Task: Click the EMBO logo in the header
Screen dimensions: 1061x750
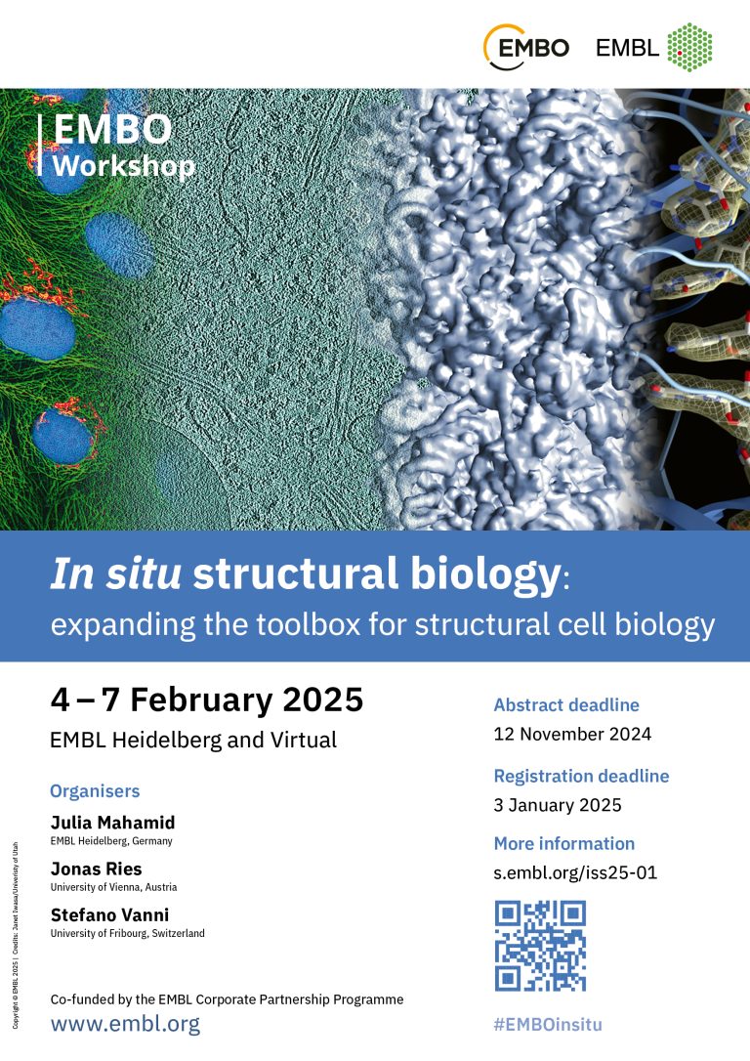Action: [526, 47]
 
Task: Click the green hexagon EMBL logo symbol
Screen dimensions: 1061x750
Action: [689, 47]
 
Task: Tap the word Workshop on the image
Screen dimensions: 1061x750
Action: [123, 165]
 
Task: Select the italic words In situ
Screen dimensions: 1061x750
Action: [115, 576]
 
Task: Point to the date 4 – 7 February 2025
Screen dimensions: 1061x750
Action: [206, 700]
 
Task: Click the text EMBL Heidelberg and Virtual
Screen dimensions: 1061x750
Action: [193, 741]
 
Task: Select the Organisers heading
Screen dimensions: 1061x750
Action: [95, 790]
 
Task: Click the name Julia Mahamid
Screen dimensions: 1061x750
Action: [112, 823]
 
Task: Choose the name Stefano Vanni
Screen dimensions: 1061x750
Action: [109, 914]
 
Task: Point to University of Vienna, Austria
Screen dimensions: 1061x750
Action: [113, 887]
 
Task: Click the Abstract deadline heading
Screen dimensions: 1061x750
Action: [566, 704]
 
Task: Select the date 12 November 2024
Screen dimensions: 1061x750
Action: [572, 734]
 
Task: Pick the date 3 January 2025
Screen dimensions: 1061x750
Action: [558, 805]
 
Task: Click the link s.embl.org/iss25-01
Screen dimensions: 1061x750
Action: [575, 872]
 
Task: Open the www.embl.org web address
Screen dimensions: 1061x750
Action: [125, 1024]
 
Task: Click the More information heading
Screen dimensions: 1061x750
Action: [563, 843]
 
